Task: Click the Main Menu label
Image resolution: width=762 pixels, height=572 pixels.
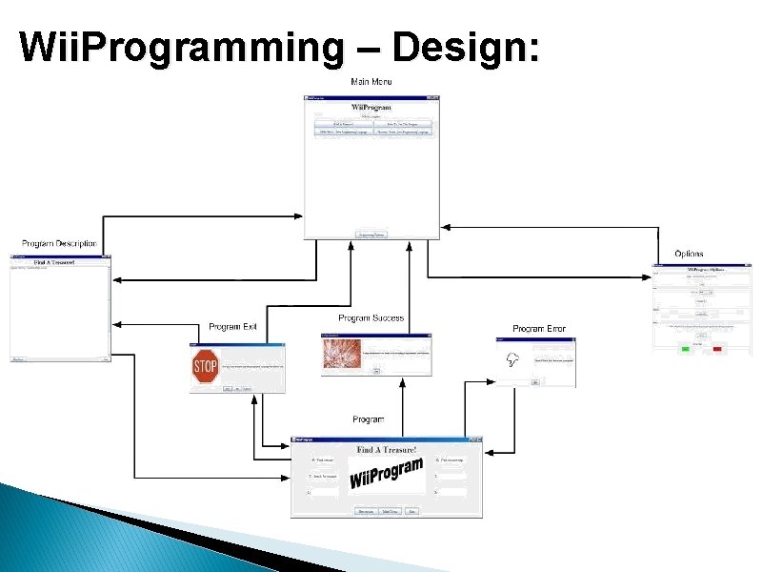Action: pyautogui.click(x=371, y=82)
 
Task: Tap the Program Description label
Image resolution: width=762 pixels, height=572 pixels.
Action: pyautogui.click(x=59, y=244)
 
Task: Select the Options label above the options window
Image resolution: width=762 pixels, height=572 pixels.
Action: pyautogui.click(x=689, y=254)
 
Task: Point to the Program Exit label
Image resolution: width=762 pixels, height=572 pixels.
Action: pyautogui.click(x=233, y=327)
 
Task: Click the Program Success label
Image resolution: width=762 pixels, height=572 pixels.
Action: pyautogui.click(x=371, y=317)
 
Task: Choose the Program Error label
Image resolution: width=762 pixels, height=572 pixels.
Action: pyautogui.click(x=539, y=329)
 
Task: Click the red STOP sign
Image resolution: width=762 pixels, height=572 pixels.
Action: pyautogui.click(x=206, y=366)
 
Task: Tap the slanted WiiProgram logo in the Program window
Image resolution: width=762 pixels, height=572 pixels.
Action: pyautogui.click(x=386, y=473)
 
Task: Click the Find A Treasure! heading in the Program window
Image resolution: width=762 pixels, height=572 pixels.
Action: pyautogui.click(x=387, y=449)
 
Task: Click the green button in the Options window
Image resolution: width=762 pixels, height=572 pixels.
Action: pyautogui.click(x=685, y=349)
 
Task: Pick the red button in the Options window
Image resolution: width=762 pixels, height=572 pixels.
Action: pyautogui.click(x=717, y=349)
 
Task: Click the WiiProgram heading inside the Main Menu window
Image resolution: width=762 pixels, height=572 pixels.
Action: pyautogui.click(x=371, y=108)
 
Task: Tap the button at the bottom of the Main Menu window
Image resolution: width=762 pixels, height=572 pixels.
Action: pyautogui.click(x=371, y=234)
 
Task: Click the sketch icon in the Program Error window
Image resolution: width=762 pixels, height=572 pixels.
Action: pyautogui.click(x=512, y=360)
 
